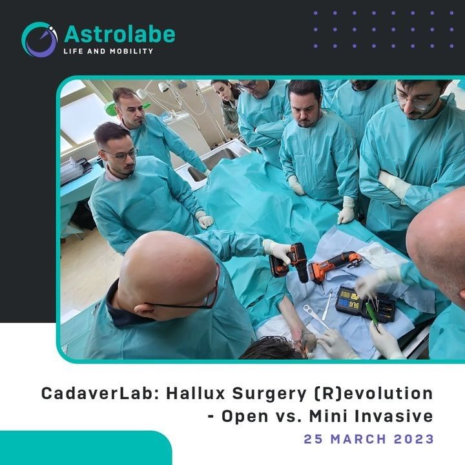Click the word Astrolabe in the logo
click(x=119, y=35)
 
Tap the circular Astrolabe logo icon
click(x=39, y=39)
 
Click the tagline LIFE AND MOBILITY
click(x=108, y=51)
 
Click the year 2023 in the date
click(x=414, y=439)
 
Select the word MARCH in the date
click(x=358, y=439)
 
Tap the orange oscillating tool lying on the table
click(x=335, y=265)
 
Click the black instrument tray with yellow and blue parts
click(x=366, y=304)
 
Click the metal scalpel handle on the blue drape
click(x=327, y=305)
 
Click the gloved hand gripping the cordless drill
click(x=277, y=251)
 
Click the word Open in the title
click(x=245, y=417)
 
